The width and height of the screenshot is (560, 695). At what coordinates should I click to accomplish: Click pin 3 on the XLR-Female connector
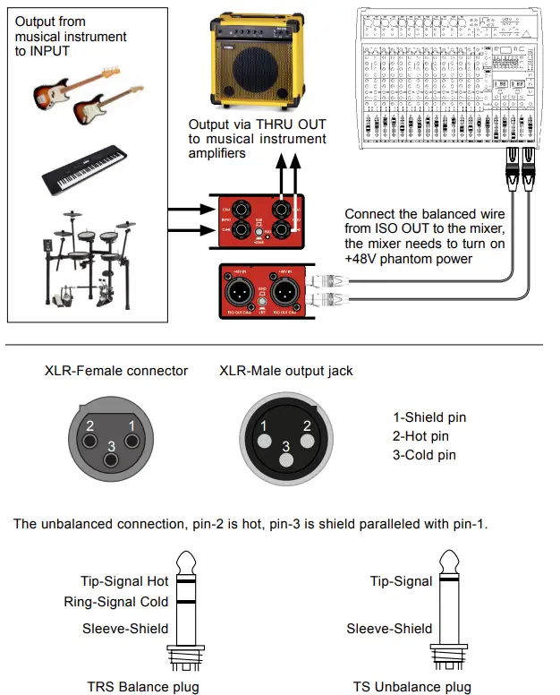pyautogui.click(x=110, y=460)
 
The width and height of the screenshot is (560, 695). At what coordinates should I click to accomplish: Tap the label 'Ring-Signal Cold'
pyautogui.click(x=116, y=603)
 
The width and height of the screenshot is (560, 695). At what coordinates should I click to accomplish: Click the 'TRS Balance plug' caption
pyautogui.click(x=145, y=687)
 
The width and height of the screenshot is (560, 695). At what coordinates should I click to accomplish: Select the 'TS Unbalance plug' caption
pyautogui.click(x=412, y=687)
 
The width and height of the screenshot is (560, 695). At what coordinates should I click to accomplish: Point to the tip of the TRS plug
pyautogui.click(x=187, y=562)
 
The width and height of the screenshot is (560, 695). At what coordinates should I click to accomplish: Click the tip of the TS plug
pyautogui.click(x=450, y=562)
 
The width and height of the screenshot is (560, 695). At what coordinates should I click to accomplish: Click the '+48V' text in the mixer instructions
pyautogui.click(x=362, y=261)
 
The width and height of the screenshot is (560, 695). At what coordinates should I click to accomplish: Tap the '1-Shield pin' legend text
pyautogui.click(x=429, y=417)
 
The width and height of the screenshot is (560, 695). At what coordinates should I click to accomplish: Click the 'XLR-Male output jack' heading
pyautogui.click(x=286, y=371)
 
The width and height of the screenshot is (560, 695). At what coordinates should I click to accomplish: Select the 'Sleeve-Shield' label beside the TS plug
pyautogui.click(x=389, y=628)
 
